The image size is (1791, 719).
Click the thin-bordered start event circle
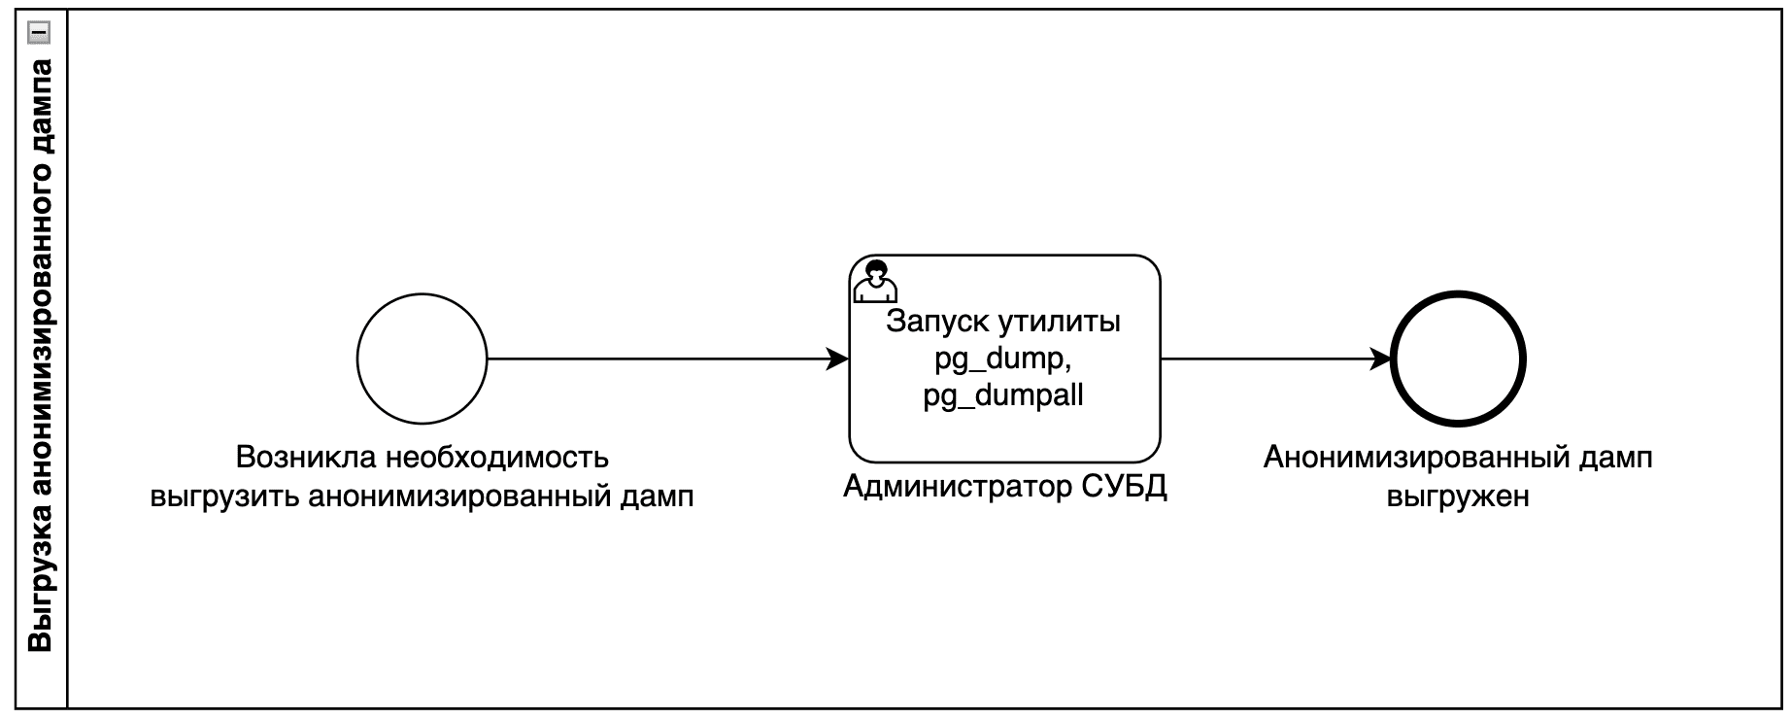[x=422, y=359]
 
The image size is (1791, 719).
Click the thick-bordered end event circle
[x=1458, y=359]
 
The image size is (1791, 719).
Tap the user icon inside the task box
[x=874, y=281]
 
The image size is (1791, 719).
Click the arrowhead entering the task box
[x=838, y=359]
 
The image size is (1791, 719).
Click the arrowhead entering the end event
[x=1380, y=359]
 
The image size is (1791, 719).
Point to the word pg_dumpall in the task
[x=1003, y=396]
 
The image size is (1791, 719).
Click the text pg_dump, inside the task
[x=1003, y=359]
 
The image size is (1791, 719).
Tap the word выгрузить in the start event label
[x=224, y=496]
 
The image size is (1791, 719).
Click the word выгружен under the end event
[x=1458, y=496]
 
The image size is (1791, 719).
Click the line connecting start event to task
[x=660, y=359]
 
